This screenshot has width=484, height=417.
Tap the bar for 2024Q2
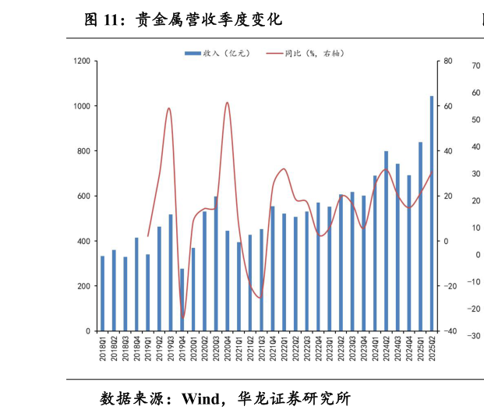[x=387, y=241]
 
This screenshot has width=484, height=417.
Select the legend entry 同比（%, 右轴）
[x=306, y=53]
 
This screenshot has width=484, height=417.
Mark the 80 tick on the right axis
[x=448, y=61]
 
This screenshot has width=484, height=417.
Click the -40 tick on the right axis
[x=449, y=331]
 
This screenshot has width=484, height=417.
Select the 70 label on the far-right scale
[x=476, y=66]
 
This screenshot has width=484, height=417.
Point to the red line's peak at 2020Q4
[x=227, y=102]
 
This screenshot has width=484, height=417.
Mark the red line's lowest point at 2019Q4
[x=182, y=318]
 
